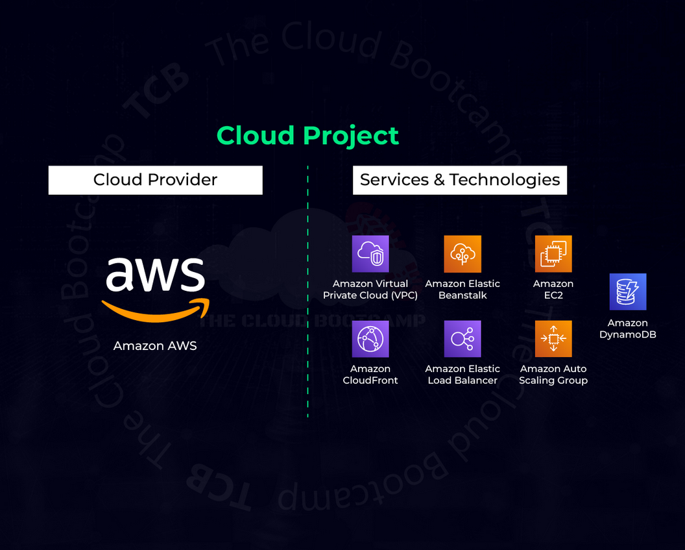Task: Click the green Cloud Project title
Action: [x=307, y=135]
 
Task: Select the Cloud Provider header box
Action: [x=155, y=180]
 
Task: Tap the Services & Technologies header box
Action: [x=459, y=180]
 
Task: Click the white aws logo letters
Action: [x=155, y=275]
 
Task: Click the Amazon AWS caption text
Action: [x=155, y=345]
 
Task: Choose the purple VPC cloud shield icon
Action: [x=370, y=254]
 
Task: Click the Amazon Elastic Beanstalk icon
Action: [x=463, y=254]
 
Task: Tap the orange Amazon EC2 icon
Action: [x=553, y=254]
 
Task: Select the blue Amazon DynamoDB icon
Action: [x=627, y=292]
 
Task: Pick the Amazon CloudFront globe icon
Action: [x=370, y=339]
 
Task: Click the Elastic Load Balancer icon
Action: [x=463, y=339]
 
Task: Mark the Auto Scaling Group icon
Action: [x=553, y=339]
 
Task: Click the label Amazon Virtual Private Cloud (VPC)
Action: [x=370, y=290]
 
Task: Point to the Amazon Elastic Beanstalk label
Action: [x=463, y=290]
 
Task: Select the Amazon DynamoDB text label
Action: [x=627, y=329]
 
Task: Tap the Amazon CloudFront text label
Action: [x=370, y=375]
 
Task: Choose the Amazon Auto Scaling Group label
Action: [x=553, y=375]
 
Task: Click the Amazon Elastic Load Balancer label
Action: [x=463, y=375]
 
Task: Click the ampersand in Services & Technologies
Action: [x=440, y=180]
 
